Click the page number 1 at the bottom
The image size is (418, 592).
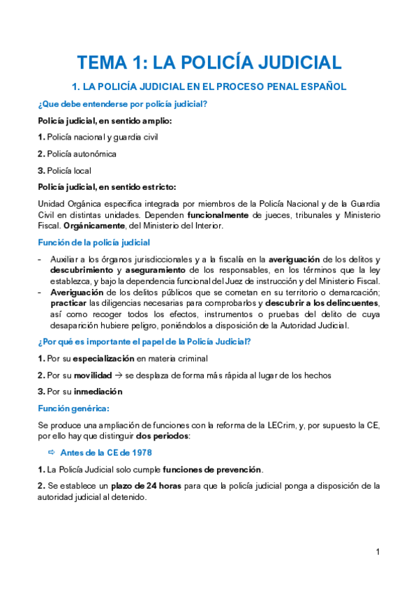point(378,552)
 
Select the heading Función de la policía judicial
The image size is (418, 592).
point(94,243)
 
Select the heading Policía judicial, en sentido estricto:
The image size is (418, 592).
point(107,186)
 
